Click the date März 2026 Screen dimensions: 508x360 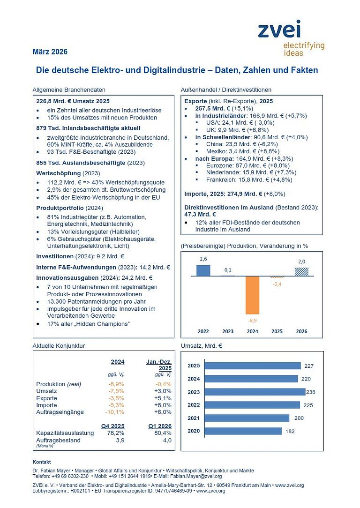(50, 52)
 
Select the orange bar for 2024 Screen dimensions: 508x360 (252, 295)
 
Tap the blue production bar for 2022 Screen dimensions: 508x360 (203, 270)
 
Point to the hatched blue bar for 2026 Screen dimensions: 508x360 (301, 271)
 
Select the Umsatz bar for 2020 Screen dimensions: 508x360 (243, 431)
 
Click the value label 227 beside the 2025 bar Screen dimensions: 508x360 (308, 366)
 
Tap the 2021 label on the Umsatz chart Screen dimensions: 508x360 (194, 418)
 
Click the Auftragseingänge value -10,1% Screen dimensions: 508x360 (115, 412)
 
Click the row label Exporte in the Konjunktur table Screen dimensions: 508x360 (46, 398)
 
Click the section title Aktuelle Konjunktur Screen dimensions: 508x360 (59, 346)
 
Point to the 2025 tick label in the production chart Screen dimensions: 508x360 (277, 331)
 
